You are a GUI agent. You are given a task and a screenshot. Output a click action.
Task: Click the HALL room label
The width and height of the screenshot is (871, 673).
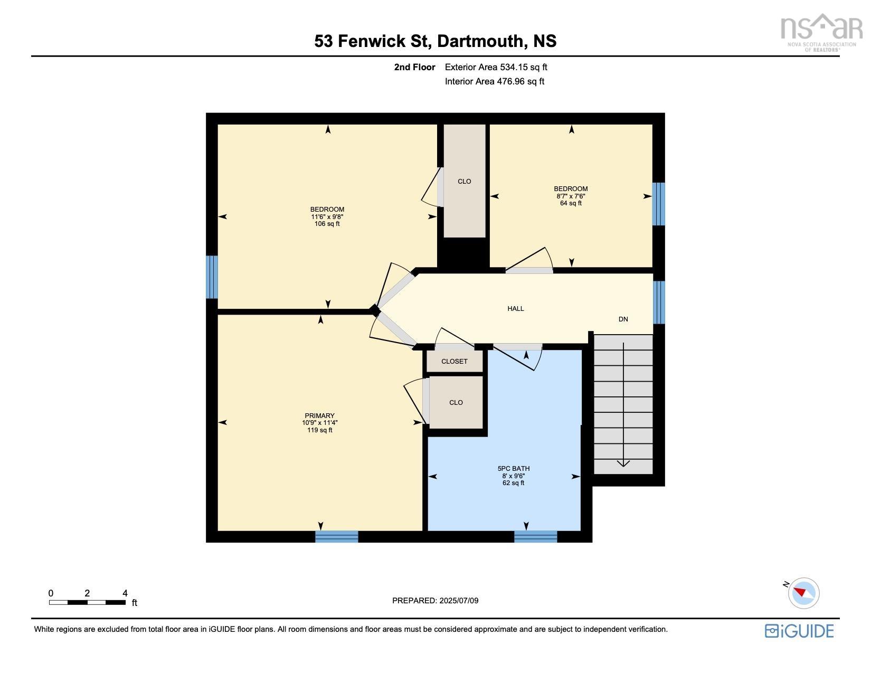(x=515, y=309)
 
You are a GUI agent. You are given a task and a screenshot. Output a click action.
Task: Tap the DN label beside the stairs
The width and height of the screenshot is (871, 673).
(x=623, y=319)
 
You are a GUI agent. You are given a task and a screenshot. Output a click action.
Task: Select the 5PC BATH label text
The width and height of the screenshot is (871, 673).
(x=513, y=469)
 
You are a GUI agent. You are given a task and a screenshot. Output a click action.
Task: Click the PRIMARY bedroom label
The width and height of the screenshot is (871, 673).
(x=319, y=416)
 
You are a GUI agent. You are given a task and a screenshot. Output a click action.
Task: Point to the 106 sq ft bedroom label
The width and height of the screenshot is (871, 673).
(x=327, y=216)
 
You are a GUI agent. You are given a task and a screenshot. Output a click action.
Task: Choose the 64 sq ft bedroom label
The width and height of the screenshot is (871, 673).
(x=570, y=196)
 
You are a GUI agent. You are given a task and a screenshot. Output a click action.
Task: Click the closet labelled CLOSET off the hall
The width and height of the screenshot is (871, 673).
(x=455, y=362)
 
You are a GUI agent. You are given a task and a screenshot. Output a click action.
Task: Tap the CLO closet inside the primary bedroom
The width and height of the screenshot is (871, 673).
(x=456, y=403)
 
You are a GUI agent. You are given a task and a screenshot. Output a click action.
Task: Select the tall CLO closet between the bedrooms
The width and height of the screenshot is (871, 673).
(x=464, y=182)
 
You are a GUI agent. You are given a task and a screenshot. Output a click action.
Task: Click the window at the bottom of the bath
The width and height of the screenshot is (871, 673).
(x=535, y=537)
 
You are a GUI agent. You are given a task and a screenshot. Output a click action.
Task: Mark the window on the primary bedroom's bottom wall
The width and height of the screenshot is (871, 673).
(x=336, y=537)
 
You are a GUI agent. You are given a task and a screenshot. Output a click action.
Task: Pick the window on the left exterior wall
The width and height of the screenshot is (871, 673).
(x=211, y=277)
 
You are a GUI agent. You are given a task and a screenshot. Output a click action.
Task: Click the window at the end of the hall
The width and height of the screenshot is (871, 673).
(x=658, y=302)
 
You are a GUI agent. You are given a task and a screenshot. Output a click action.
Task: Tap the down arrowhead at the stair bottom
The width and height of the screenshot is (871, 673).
(x=623, y=463)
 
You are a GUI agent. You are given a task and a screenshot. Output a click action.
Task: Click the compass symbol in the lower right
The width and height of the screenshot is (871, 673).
(x=803, y=592)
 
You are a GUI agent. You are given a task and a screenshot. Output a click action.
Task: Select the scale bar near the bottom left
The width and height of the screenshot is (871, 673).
(x=87, y=602)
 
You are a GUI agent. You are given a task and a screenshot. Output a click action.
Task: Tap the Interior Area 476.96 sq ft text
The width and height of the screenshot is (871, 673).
(x=494, y=81)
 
